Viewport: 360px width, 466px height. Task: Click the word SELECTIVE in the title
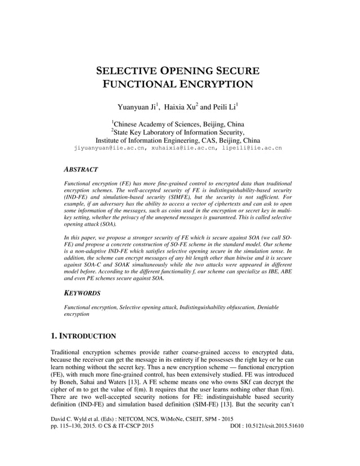[128, 72]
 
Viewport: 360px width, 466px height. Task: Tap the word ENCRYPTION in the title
[216, 85]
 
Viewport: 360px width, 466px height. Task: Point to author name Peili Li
[225, 107]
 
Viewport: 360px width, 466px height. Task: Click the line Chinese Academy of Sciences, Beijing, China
[179, 124]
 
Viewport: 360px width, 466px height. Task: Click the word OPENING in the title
[186, 72]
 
